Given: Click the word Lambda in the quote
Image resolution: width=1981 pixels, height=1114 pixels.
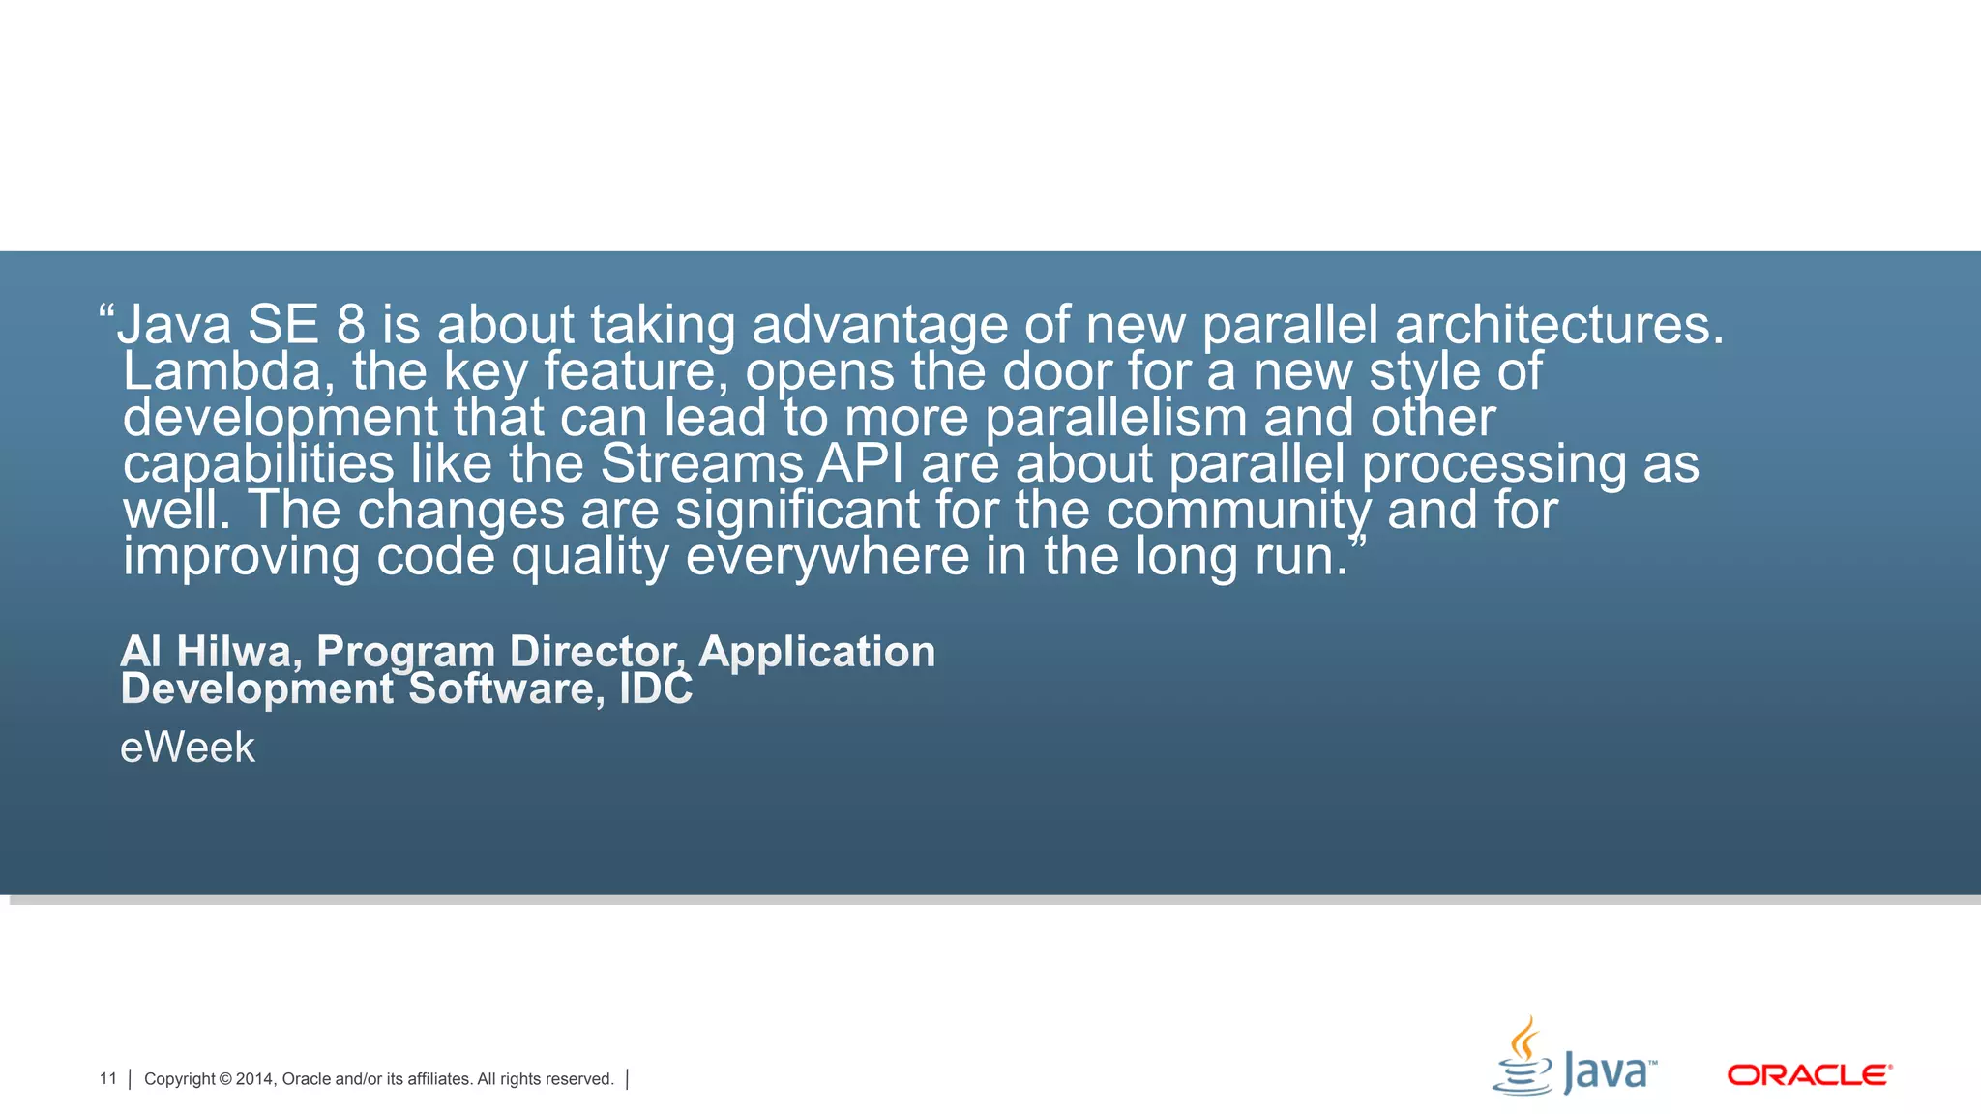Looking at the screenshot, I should tap(222, 372).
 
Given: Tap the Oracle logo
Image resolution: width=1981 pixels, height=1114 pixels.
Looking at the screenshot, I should tap(1809, 1075).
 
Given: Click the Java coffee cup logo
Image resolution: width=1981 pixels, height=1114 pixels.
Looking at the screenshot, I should tap(1524, 1059).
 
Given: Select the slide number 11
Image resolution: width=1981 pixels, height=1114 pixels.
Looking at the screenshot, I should tap(107, 1079).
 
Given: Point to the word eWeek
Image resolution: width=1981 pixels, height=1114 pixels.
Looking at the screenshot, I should tap(188, 748).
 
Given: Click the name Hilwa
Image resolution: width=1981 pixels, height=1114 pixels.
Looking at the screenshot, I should tap(233, 652).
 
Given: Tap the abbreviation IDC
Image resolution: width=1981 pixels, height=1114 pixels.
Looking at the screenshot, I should tap(656, 689).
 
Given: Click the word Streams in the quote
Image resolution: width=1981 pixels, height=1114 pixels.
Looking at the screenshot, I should tap(702, 464).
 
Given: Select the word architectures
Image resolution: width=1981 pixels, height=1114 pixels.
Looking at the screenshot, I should tap(1558, 325).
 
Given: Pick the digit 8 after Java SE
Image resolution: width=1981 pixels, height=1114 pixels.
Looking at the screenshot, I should tap(351, 325).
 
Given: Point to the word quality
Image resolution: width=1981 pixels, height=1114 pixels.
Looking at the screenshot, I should tap(590, 558).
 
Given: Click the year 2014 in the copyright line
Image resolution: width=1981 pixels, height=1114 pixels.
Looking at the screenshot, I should tap(254, 1079).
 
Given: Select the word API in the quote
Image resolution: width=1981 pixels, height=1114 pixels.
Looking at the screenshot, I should tap(861, 464).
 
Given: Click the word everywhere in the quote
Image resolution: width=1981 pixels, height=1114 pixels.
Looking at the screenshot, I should tap(827, 558).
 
